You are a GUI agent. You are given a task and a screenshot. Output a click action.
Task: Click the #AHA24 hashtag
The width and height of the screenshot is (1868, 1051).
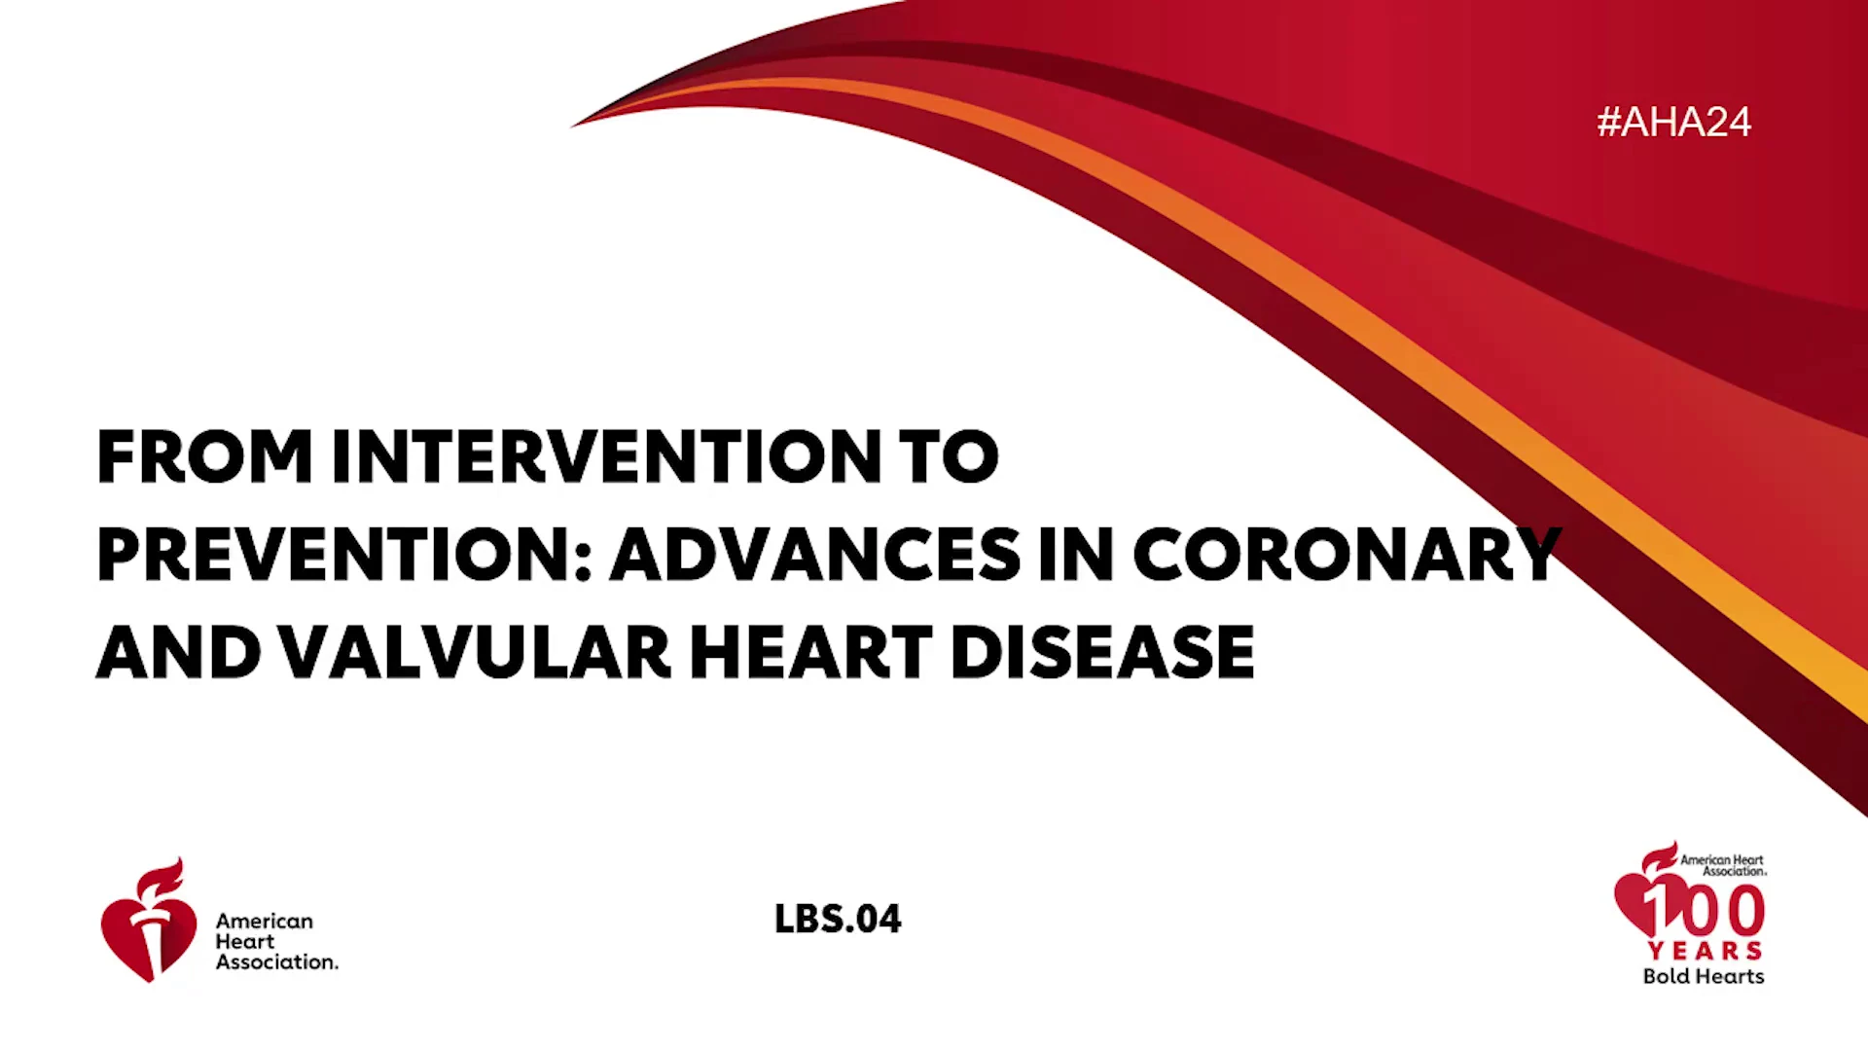click(1673, 122)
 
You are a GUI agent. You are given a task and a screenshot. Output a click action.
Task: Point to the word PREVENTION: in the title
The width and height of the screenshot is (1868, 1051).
click(344, 554)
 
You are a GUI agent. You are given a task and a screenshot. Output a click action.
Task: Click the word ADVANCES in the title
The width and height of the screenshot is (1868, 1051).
click(815, 554)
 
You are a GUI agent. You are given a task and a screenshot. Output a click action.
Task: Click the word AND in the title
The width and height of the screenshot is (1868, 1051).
click(179, 651)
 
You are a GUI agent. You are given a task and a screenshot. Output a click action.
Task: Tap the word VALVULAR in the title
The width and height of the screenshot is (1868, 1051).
click(475, 651)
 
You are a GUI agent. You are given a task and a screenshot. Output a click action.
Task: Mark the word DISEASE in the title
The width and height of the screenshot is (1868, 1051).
click(1102, 651)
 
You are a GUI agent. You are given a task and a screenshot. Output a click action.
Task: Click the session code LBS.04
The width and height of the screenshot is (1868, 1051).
click(838, 919)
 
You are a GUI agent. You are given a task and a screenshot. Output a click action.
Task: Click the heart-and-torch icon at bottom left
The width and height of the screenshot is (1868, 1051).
click(148, 921)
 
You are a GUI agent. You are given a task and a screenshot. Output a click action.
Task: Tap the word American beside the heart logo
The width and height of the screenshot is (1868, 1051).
click(265, 921)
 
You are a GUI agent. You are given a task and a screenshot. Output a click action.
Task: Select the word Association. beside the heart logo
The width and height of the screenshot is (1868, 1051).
click(277, 961)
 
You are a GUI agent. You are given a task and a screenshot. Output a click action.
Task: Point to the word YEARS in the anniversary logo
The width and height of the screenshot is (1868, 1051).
click(1705, 951)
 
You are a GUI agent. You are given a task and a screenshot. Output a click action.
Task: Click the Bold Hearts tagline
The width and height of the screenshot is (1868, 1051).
click(1704, 976)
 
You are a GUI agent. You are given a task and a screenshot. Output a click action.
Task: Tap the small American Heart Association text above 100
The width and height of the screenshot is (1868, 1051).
click(1723, 865)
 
